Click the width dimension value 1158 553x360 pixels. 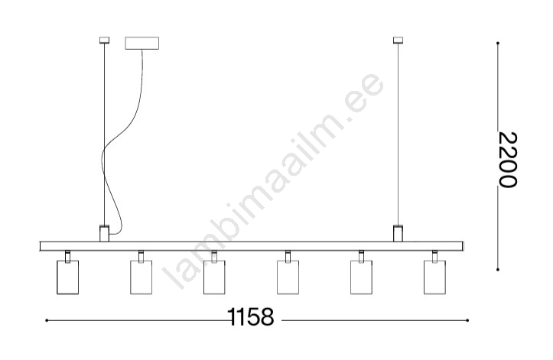(x=250, y=316)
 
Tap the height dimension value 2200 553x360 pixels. (x=508, y=160)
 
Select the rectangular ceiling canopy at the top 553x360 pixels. (x=142, y=43)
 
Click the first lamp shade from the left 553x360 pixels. (x=68, y=277)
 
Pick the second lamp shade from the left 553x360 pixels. (x=141, y=277)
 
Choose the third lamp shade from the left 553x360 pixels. (x=214, y=277)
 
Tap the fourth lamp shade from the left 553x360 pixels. (x=288, y=277)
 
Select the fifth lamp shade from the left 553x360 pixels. (x=361, y=277)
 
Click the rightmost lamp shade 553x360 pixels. (x=434, y=277)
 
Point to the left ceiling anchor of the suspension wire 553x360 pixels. (x=104, y=41)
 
